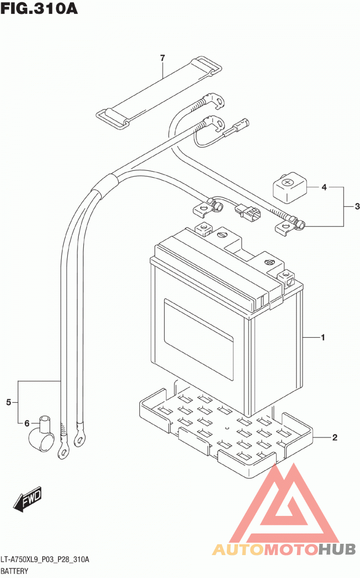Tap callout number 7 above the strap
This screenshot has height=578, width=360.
[162, 58]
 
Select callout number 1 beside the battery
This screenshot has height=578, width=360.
[323, 337]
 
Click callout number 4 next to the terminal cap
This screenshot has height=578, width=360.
[324, 187]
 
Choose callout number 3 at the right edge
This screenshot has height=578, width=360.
[357, 206]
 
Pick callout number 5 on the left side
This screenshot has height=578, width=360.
[9, 402]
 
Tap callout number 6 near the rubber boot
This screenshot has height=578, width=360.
[27, 423]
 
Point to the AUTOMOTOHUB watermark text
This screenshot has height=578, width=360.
[284, 550]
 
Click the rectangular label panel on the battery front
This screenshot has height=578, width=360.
[199, 340]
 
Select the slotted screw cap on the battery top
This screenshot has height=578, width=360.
[222, 235]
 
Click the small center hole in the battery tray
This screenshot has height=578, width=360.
[227, 428]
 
